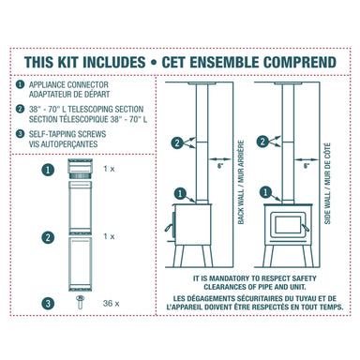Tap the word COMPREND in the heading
(292, 62)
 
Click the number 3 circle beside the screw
(46, 303)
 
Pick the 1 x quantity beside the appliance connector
(110, 170)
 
